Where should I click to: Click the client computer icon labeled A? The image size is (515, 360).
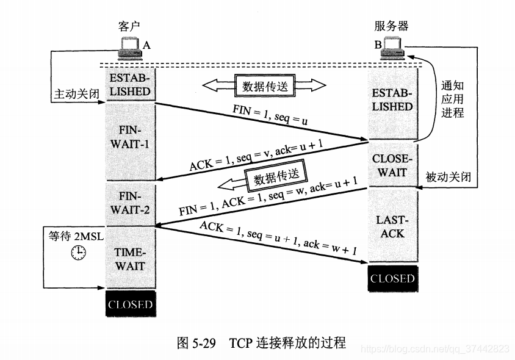[129, 48]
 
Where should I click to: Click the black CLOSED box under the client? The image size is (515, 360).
[130, 304]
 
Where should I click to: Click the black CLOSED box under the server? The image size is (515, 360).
[392, 278]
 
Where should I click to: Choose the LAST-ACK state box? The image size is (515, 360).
[392, 226]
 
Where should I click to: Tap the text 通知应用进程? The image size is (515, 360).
[452, 99]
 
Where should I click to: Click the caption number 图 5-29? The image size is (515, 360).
[197, 342]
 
